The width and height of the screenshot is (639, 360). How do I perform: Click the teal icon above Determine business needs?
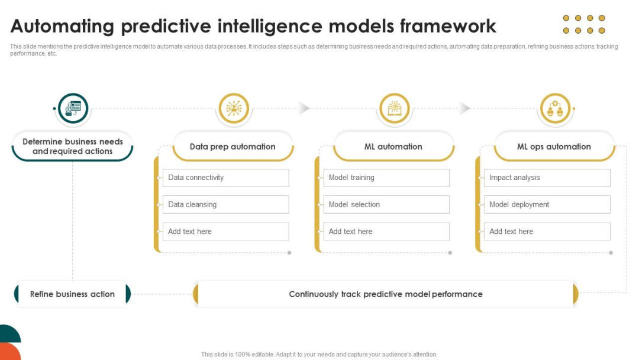tap(73, 108)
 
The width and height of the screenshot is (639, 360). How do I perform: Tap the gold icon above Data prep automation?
tap(234, 108)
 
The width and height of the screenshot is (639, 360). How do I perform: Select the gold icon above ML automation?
tap(394, 108)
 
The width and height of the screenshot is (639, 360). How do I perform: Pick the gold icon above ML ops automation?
tap(555, 108)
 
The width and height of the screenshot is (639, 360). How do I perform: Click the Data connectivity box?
tap(226, 178)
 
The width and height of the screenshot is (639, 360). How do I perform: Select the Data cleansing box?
tap(226, 205)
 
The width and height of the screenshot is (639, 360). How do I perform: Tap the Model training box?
tap(386, 178)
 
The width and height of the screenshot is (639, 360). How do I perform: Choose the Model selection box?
tap(386, 205)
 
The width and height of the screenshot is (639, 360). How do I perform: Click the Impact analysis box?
tap(547, 178)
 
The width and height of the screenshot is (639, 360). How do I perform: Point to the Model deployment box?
tap(547, 205)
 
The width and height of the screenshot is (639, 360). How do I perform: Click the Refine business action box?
tap(73, 294)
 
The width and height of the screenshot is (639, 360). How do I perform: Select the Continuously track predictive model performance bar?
tap(386, 294)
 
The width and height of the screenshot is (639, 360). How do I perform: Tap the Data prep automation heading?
tap(233, 147)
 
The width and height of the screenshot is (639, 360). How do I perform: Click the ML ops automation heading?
tap(554, 147)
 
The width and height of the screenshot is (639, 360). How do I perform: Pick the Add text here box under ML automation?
tap(386, 232)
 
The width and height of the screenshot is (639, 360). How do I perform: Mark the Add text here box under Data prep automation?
tap(226, 232)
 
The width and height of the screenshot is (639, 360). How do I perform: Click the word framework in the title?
tap(448, 26)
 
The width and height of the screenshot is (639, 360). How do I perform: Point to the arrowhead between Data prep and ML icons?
tap(304, 108)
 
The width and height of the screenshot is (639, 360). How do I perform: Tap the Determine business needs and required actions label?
tap(73, 146)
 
